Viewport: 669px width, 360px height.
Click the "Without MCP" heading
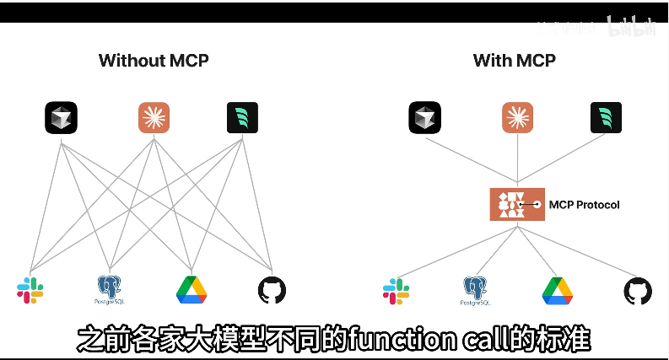pyautogui.click(x=154, y=61)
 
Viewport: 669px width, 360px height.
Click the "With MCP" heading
pyautogui.click(x=515, y=61)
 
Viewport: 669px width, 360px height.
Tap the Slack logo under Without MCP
pyautogui.click(x=30, y=290)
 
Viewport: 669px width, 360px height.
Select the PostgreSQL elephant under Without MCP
pyautogui.click(x=110, y=289)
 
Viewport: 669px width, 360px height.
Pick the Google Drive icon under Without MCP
pyautogui.click(x=192, y=290)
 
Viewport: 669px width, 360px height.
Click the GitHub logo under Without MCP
pyautogui.click(x=272, y=290)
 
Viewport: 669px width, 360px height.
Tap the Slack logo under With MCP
pyautogui.click(x=397, y=291)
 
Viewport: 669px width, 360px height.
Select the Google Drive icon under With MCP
pyautogui.click(x=558, y=290)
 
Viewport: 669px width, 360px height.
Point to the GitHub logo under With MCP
pyautogui.click(x=638, y=291)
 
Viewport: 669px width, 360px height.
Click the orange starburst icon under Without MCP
pyautogui.click(x=154, y=118)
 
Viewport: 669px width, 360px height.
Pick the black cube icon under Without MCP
pyautogui.click(x=61, y=118)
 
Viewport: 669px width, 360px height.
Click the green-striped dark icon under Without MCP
pyautogui.click(x=242, y=118)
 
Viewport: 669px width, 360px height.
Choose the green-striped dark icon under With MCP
pyautogui.click(x=607, y=118)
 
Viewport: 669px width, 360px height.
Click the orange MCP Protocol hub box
pyautogui.click(x=517, y=205)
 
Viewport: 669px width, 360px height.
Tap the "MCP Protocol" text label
pyautogui.click(x=584, y=205)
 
